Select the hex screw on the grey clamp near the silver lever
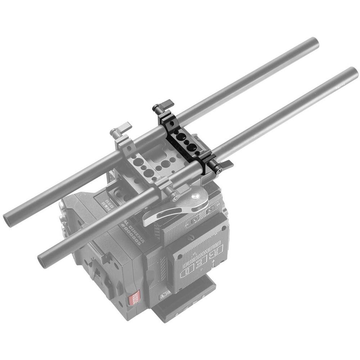(175, 198)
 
